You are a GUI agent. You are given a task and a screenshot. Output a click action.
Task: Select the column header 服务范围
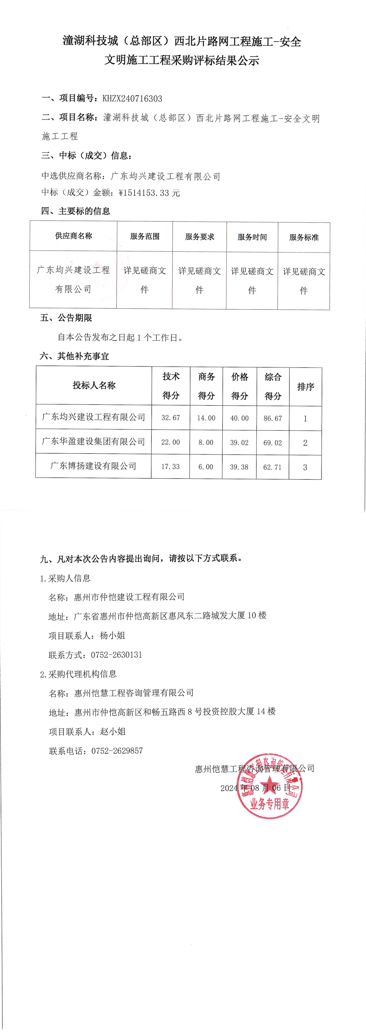pos(145,236)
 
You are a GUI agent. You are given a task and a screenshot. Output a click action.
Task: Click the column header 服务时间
pos(252,237)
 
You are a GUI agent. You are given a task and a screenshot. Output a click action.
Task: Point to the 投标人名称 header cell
pos(94,385)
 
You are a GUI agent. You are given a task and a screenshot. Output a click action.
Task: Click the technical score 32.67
pos(171,418)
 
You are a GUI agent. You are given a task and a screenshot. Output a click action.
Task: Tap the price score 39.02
pos(239,443)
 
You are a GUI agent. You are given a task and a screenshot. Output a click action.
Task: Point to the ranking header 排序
pos(305,387)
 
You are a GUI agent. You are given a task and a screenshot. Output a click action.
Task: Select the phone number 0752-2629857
pos(117,751)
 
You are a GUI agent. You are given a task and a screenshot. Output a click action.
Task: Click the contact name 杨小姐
pos(113,636)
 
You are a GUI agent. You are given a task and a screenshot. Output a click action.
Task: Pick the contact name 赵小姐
pos(113,732)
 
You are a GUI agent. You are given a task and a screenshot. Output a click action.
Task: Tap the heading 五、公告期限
pos(66,318)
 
